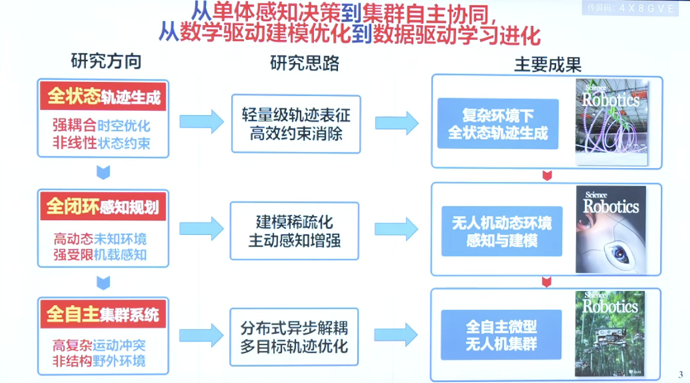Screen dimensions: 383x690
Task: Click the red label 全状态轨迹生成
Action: pos(103,97)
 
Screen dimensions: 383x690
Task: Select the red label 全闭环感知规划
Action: pos(103,207)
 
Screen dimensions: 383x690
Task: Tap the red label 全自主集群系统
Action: pos(103,314)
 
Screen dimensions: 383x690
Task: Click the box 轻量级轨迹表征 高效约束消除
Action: pos(296,124)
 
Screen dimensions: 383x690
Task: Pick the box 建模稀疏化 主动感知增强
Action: pos(294,231)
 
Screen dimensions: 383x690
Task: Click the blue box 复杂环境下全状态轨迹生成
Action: pos(498,124)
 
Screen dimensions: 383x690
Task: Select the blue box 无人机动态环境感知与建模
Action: pos(501,231)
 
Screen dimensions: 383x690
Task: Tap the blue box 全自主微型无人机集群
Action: pos(501,334)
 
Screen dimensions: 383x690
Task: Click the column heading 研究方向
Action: pos(106,61)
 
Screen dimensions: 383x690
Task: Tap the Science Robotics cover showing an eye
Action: pos(610,230)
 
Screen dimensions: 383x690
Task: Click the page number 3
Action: pos(680,375)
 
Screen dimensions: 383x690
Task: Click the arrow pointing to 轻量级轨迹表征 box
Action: pos(201,122)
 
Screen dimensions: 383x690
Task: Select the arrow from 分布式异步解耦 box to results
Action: pos(396,335)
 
